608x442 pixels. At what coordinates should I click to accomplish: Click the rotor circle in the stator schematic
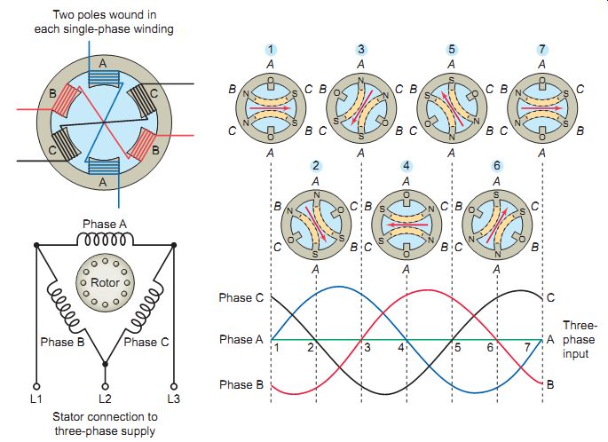click(105, 281)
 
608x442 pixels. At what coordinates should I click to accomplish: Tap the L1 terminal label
click(36, 399)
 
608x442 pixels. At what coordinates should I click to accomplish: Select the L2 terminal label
click(105, 399)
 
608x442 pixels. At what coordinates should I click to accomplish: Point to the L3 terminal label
click(174, 399)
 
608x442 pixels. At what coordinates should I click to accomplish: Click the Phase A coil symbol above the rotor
click(105, 239)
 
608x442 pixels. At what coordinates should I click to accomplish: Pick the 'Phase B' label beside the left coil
click(62, 342)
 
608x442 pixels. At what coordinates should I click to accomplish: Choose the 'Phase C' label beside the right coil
click(146, 342)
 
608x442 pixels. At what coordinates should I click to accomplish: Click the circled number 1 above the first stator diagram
click(271, 50)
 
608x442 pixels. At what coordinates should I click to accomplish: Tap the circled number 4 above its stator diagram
click(406, 166)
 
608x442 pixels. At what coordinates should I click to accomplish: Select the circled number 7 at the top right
click(542, 50)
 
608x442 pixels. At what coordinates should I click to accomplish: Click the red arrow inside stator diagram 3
click(361, 107)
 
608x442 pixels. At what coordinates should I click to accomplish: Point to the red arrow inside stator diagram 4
click(407, 225)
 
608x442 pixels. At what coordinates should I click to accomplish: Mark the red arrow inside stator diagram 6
click(496, 225)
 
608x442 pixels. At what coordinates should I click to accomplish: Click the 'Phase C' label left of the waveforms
click(241, 297)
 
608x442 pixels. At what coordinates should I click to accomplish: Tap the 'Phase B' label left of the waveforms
click(241, 384)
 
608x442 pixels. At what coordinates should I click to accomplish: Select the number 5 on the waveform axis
click(458, 347)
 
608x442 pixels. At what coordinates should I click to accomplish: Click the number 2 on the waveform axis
click(311, 347)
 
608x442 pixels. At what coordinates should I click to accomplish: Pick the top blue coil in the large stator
click(103, 77)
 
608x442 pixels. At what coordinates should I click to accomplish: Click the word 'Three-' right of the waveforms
click(580, 325)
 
